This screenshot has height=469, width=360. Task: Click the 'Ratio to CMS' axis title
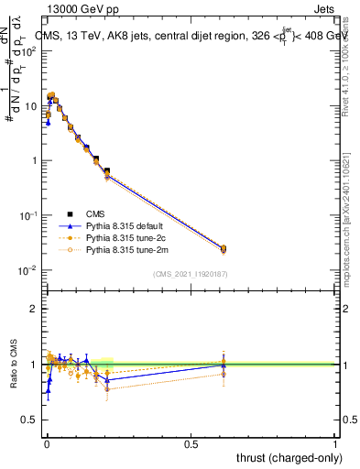pos(14,364)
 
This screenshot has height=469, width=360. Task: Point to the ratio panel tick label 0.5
pos(30,420)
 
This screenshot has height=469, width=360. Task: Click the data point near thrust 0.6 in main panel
pos(223,248)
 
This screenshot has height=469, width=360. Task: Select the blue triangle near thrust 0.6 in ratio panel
pos(223,365)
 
